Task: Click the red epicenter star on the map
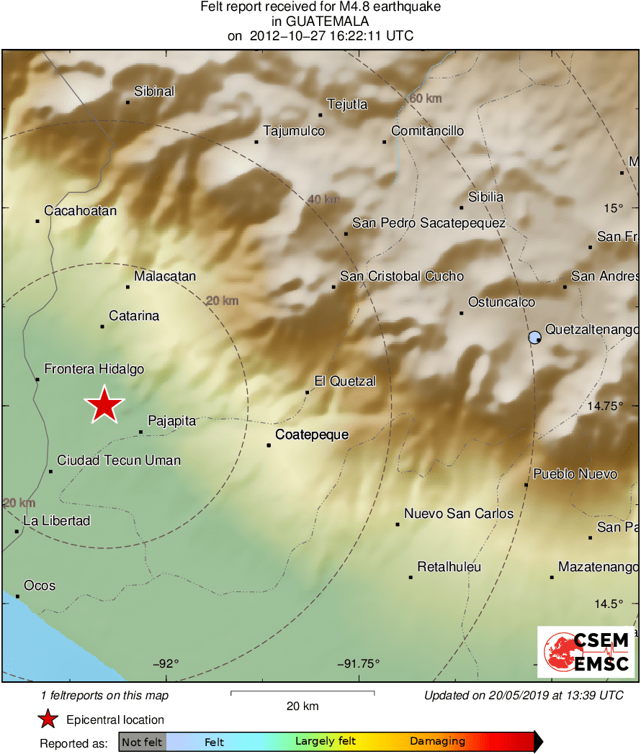[104, 404]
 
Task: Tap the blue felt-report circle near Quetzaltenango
[534, 337]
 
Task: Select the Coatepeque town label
[312, 435]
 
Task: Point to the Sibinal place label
[154, 91]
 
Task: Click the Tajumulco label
[294, 131]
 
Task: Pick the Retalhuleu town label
[449, 567]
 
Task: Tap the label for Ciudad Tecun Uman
[119, 460]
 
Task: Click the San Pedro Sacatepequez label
[429, 223]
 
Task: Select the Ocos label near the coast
[40, 586]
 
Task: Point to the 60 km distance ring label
[425, 99]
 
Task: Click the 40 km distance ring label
[323, 199]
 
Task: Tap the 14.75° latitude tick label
[605, 406]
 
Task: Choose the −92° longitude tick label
[166, 664]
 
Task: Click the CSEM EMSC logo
[586, 651]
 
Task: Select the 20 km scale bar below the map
[302, 694]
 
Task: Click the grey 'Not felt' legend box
[142, 742]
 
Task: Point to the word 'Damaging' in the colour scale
[437, 741]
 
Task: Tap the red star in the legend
[48, 719]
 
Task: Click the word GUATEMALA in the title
[320, 22]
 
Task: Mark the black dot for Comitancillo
[385, 142]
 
